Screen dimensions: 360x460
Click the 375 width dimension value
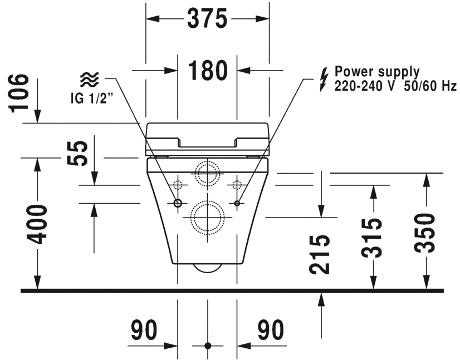207,19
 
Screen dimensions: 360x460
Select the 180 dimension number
207,71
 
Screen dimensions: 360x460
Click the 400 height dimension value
38,224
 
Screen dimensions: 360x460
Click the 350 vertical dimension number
425,233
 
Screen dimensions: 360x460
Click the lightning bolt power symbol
323,78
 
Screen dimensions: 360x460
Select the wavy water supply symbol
89,80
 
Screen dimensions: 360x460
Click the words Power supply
376,72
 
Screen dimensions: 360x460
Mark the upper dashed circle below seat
207,174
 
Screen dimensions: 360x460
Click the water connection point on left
178,203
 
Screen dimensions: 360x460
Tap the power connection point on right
237,203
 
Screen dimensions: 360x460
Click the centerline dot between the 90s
208,346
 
